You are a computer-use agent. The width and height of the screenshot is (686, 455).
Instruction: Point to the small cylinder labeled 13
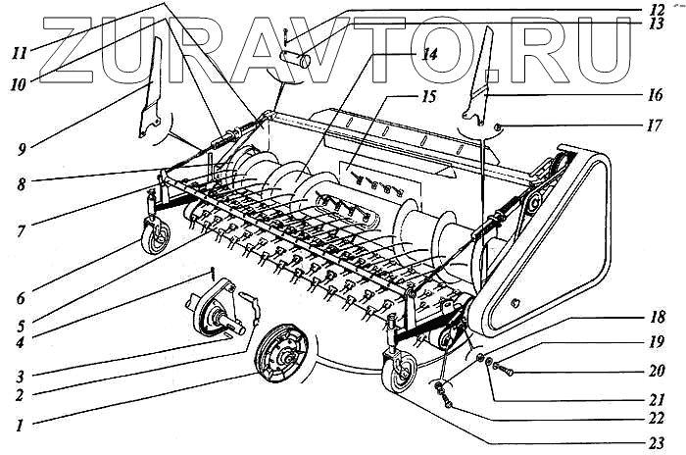pos(296,59)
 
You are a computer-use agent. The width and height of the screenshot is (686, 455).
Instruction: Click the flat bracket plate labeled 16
pos(479,84)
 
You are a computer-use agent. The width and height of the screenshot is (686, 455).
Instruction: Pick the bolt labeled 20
pos(498,369)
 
